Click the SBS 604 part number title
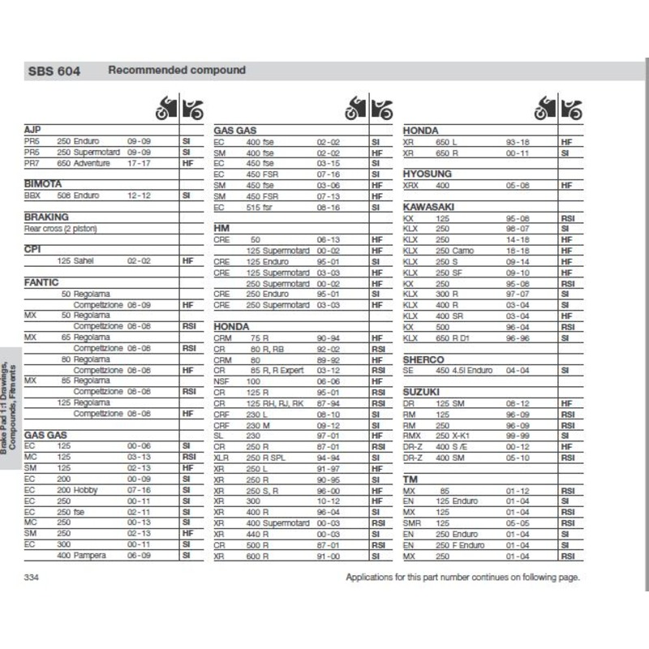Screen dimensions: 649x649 53,71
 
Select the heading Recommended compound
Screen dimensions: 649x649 177,70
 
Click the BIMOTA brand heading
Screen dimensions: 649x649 44,184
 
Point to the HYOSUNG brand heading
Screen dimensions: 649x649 428,174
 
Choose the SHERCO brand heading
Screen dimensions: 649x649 423,359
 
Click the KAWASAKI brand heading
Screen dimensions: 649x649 429,207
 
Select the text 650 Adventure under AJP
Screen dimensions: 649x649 84,163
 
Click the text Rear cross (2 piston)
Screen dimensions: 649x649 61,229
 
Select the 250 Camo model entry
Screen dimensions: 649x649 456,251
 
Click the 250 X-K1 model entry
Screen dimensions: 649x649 456,435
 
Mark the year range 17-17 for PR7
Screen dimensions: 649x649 139,163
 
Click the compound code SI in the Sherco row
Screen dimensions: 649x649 565,370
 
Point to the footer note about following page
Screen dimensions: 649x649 462,577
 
